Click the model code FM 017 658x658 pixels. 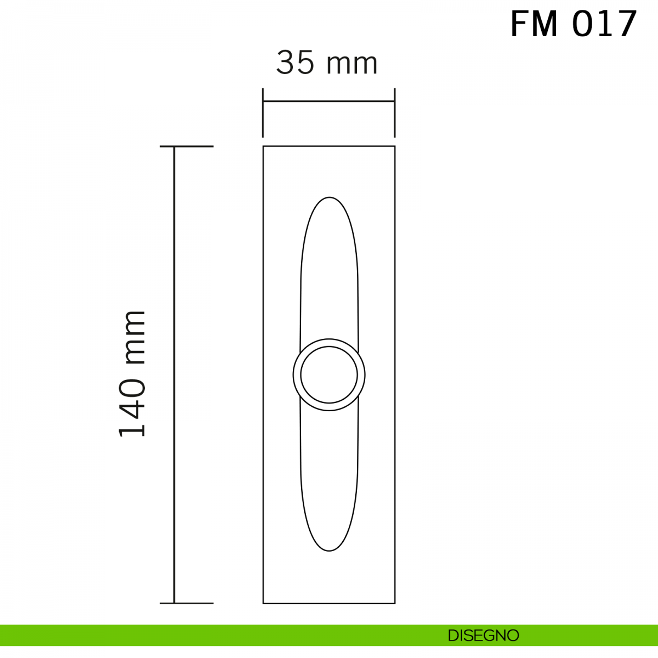[574, 24]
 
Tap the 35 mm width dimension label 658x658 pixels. [327, 63]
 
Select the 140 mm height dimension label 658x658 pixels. [132, 374]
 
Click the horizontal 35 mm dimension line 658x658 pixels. [329, 101]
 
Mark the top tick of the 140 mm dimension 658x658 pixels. [187, 146]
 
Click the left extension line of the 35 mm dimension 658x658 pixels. [263, 113]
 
